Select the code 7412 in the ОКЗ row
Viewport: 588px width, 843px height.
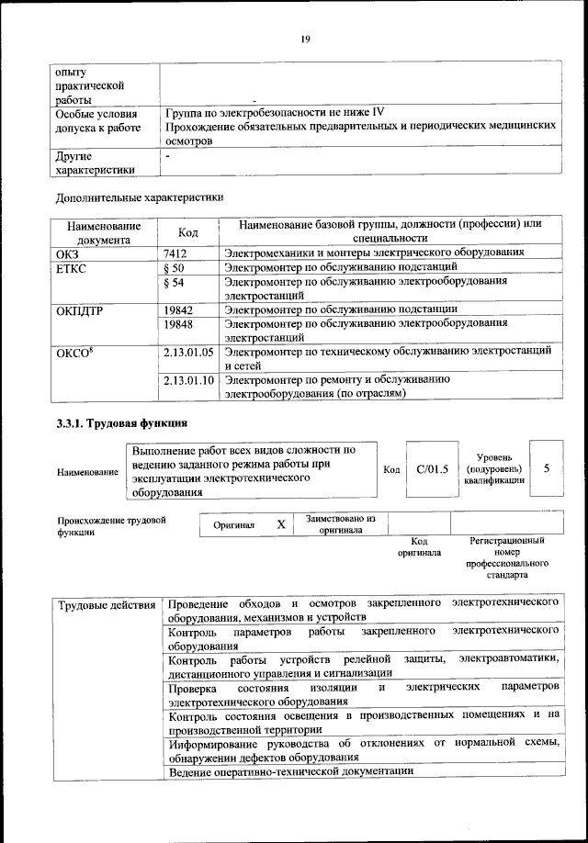(175, 252)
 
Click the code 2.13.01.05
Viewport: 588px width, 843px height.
(187, 352)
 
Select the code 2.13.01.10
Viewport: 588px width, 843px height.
(187, 379)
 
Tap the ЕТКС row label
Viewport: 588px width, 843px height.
(72, 268)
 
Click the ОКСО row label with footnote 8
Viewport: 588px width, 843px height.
(74, 353)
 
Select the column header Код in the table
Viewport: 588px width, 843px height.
(187, 232)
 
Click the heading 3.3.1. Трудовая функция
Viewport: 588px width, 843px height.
(121, 423)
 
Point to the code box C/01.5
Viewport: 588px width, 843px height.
(431, 469)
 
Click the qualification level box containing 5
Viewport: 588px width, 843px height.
(547, 468)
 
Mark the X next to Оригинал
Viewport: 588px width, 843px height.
(281, 524)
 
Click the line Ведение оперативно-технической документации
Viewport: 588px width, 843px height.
(291, 771)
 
